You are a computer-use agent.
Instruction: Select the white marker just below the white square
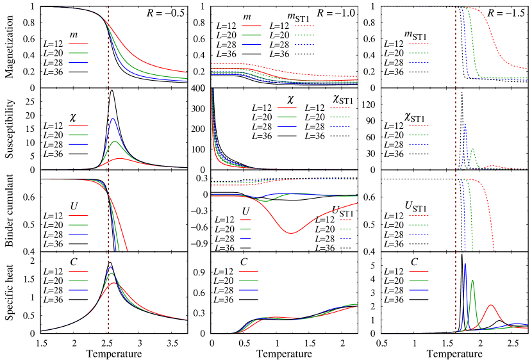click(x=295, y=229)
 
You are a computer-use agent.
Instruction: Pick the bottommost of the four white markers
click(x=295, y=248)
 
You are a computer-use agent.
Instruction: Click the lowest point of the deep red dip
click(x=290, y=233)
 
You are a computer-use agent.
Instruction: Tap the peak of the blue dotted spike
click(x=465, y=124)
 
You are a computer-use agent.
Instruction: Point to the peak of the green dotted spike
click(x=472, y=149)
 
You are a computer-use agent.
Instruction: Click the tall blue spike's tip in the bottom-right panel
click(x=465, y=263)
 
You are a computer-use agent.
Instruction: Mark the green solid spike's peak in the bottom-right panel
click(x=472, y=280)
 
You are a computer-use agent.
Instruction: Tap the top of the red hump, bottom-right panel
click(x=490, y=305)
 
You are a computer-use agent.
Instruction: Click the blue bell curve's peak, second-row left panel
click(x=113, y=118)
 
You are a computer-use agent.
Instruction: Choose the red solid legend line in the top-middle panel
click(x=251, y=26)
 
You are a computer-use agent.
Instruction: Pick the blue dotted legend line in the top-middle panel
click(x=304, y=44)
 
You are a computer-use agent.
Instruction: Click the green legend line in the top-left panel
click(x=78, y=53)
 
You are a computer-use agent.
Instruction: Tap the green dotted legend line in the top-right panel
click(x=419, y=53)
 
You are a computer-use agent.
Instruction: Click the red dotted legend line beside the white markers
click(x=345, y=220)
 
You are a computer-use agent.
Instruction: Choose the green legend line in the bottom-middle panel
click(x=249, y=281)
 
